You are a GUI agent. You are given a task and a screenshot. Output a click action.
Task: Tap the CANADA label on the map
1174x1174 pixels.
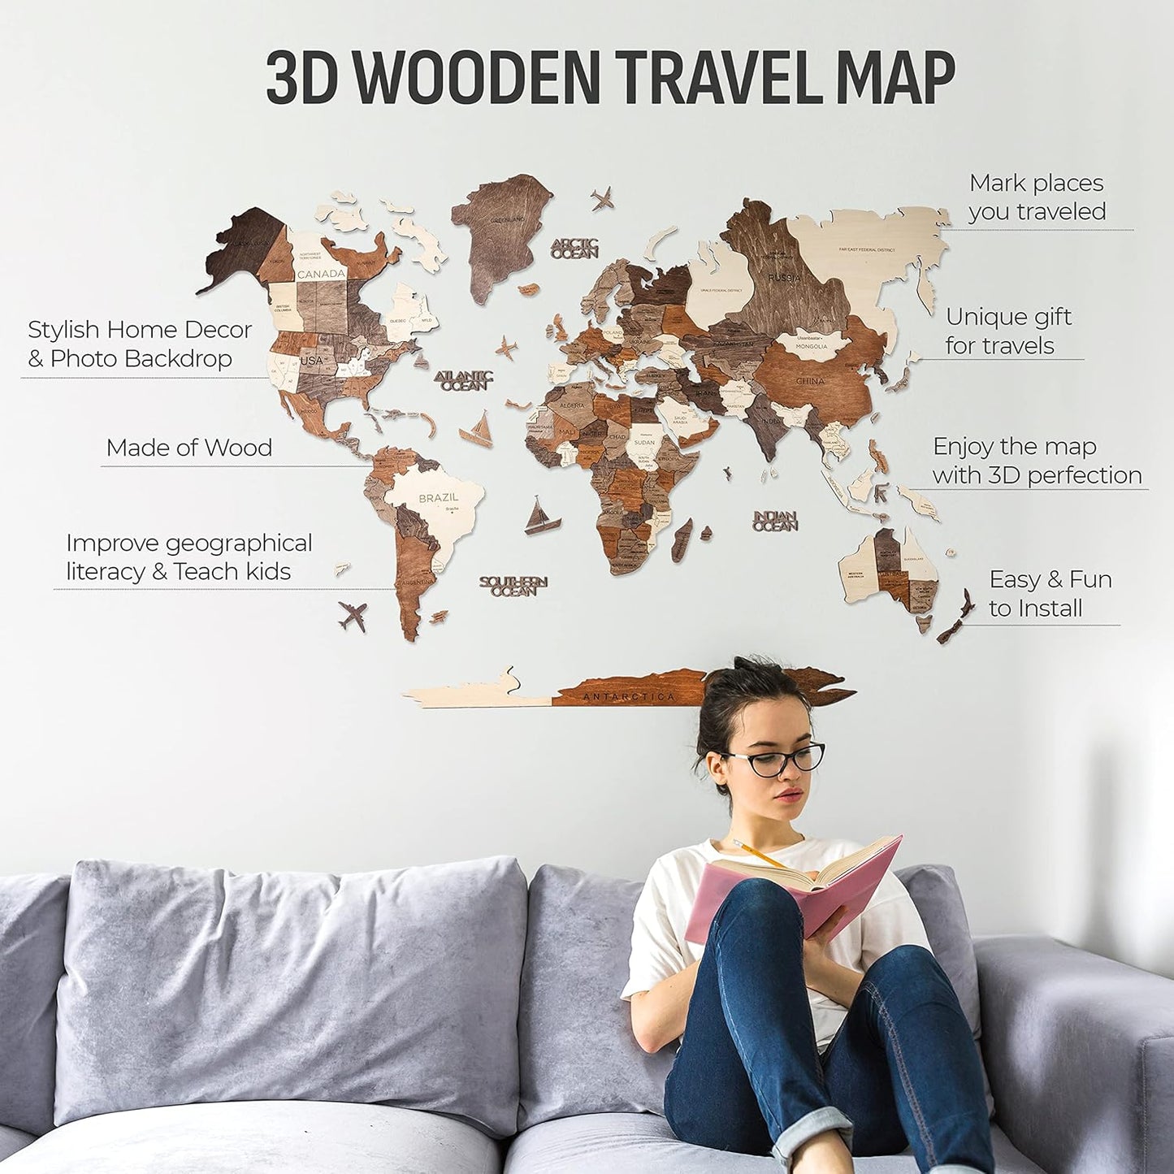pyautogui.click(x=321, y=274)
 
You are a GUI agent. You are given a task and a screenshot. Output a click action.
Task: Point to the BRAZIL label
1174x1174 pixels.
pyautogui.click(x=439, y=497)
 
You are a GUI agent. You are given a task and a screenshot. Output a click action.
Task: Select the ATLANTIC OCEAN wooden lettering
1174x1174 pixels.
pyautogui.click(x=464, y=380)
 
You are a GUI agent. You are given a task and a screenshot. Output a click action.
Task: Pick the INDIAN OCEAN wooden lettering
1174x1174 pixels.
pyautogui.click(x=776, y=521)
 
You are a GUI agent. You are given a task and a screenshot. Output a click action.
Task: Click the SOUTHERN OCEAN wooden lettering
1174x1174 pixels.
pyautogui.click(x=513, y=586)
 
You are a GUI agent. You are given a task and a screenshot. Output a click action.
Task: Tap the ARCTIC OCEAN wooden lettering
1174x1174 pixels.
pyautogui.click(x=575, y=248)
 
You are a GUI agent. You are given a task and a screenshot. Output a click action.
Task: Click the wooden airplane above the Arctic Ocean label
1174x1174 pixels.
pyautogui.click(x=602, y=197)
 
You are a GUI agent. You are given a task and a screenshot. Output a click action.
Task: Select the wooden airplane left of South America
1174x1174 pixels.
pyautogui.click(x=352, y=616)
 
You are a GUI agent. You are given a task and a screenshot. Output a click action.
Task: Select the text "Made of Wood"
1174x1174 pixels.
pyautogui.click(x=188, y=448)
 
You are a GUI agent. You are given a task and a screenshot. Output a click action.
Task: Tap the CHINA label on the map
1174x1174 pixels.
pyautogui.click(x=809, y=380)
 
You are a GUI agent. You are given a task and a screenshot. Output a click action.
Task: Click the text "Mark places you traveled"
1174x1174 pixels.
pyautogui.click(x=1037, y=197)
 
